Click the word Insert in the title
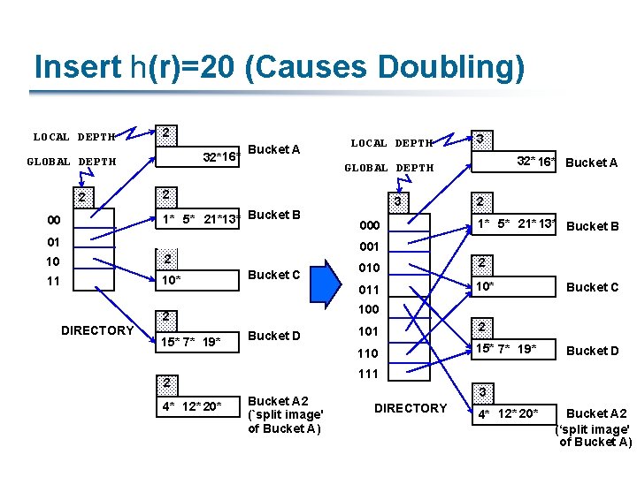pyautogui.click(x=76, y=66)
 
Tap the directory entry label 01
pyautogui.click(x=55, y=241)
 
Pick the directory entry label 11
pyautogui.click(x=55, y=282)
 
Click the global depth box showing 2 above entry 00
pyautogui.click(x=81, y=196)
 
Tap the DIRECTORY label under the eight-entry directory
pyautogui.click(x=411, y=408)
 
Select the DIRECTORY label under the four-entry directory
pyautogui.click(x=96, y=330)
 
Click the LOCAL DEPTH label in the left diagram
pyautogui.click(x=74, y=137)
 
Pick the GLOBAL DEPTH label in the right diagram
pyautogui.click(x=388, y=168)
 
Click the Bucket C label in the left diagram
pyautogui.click(x=274, y=275)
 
